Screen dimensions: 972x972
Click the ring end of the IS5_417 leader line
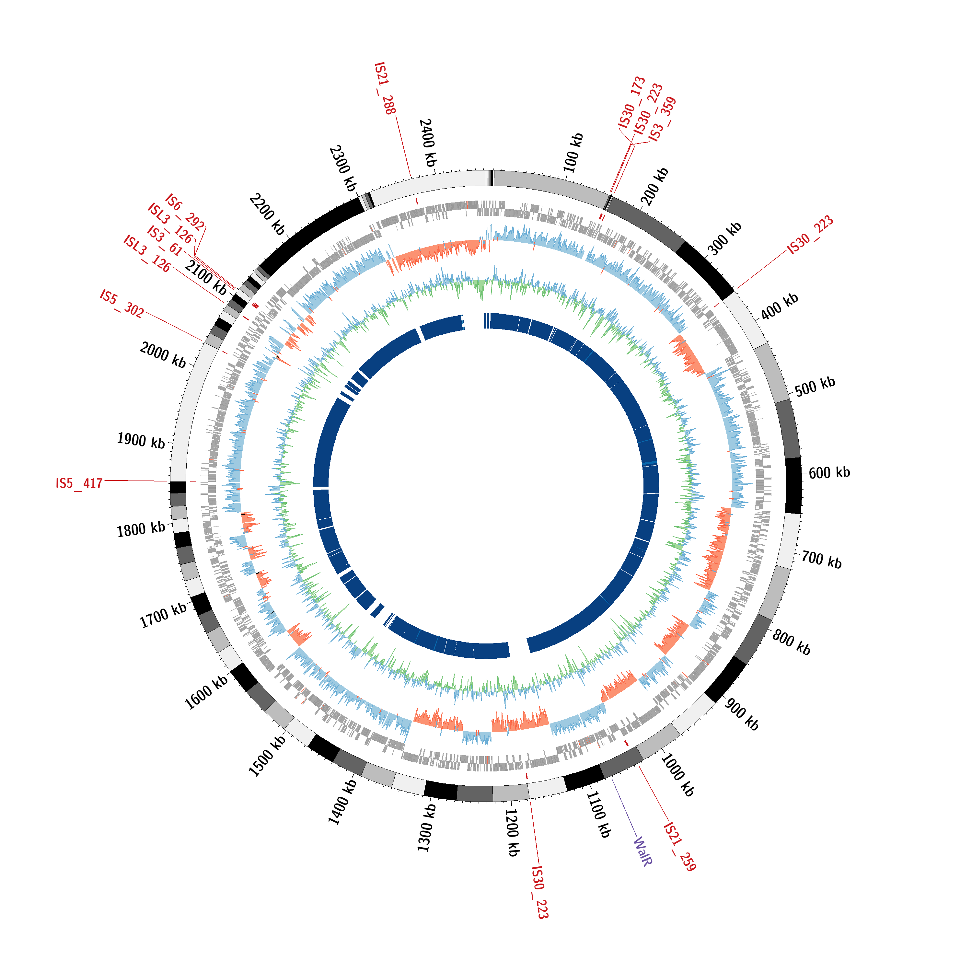coord(168,481)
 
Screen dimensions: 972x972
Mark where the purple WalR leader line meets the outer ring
coord(612,778)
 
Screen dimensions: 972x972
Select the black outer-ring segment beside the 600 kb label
coord(793,485)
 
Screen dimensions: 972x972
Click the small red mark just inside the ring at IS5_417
coord(193,482)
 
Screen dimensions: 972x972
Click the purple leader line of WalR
coord(624,807)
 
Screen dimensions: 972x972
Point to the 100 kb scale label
coord(573,152)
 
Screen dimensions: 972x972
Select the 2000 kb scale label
coord(163,354)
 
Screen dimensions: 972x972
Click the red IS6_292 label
coord(185,212)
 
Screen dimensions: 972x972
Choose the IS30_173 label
coord(632,102)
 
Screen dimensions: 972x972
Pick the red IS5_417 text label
coord(79,483)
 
